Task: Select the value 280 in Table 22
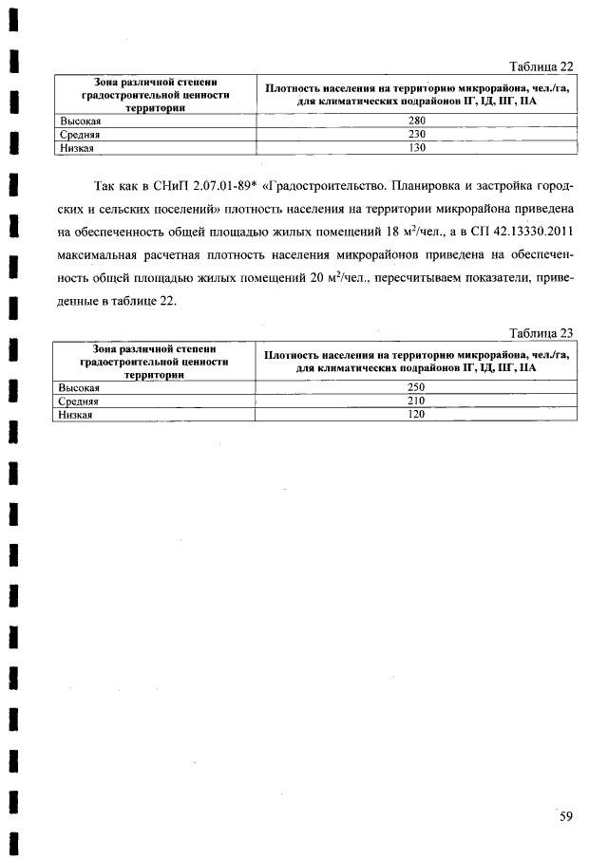pos(416,121)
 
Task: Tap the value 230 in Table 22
pos(416,135)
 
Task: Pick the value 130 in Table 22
pos(416,148)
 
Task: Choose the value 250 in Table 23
pos(416,387)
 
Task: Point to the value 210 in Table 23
pos(416,401)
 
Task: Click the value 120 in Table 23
pos(416,415)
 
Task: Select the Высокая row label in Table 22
pos(81,121)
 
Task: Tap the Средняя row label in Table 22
pos(80,135)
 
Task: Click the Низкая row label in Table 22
pos(78,148)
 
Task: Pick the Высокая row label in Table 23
pos(81,387)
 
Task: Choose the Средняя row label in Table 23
pos(80,401)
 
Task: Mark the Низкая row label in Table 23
pos(78,415)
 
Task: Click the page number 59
pos(566,816)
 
